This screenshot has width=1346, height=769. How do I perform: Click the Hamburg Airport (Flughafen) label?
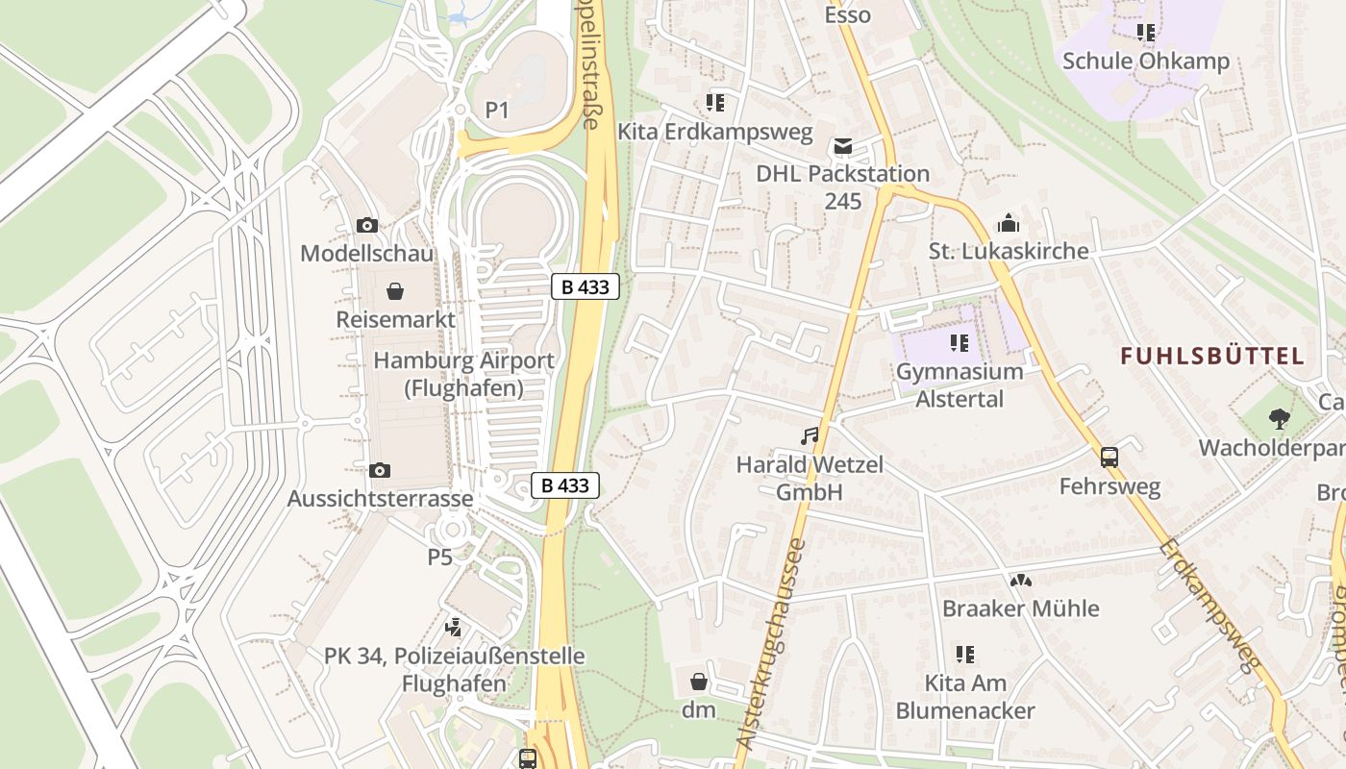[463, 374]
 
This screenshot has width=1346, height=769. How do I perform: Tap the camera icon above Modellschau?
[366, 225]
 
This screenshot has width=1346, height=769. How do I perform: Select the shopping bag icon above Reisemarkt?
[394, 290]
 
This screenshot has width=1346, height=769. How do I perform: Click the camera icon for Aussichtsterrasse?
[380, 470]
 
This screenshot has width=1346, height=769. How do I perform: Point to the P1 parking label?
[496, 111]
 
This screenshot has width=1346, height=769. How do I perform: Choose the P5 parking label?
[439, 557]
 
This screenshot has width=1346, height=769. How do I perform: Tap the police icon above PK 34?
[453, 628]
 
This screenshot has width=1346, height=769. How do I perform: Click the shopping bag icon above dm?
[699, 682]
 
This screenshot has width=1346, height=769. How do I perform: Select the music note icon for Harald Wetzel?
[810, 436]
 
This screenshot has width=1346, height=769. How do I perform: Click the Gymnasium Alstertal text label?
[960, 384]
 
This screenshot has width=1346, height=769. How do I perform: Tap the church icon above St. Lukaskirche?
[1009, 223]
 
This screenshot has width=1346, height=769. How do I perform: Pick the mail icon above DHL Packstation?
[843, 146]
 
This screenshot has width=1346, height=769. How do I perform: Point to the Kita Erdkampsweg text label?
[715, 131]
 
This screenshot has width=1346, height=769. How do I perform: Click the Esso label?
[848, 14]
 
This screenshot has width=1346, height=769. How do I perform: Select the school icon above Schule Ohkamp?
[1145, 33]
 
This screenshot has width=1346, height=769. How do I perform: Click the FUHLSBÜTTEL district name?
[1212, 357]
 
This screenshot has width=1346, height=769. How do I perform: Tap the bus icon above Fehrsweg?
[1109, 458]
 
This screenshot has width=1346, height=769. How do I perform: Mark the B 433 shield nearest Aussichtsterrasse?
[565, 485]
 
